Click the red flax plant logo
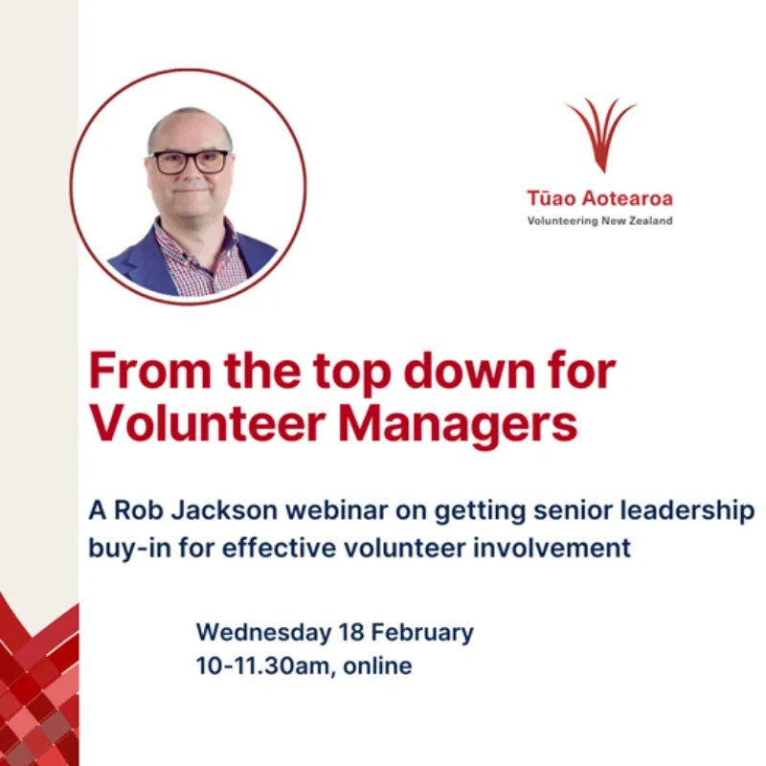coord(600,134)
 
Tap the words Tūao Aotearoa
coord(599,199)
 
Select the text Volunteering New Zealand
coord(599,221)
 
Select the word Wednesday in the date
coord(263,633)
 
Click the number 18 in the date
coord(351,633)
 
